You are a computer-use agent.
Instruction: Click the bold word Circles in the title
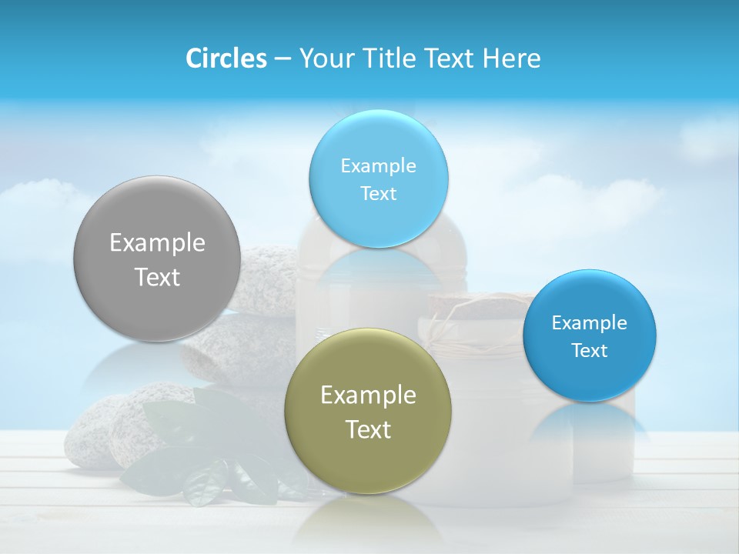coord(226,58)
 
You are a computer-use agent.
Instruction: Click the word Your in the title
coord(323,58)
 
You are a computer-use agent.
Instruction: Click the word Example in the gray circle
coord(157,243)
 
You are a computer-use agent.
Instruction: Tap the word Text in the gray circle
coord(157,277)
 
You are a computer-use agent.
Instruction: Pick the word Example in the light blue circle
coord(378,165)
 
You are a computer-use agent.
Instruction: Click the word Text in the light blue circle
coord(378,193)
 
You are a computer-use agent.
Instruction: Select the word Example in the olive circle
coord(368,395)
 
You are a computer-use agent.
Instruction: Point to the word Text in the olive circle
coord(368,429)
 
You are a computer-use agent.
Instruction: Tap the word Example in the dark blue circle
coord(589,322)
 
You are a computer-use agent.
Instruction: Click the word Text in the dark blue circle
coord(589,350)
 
